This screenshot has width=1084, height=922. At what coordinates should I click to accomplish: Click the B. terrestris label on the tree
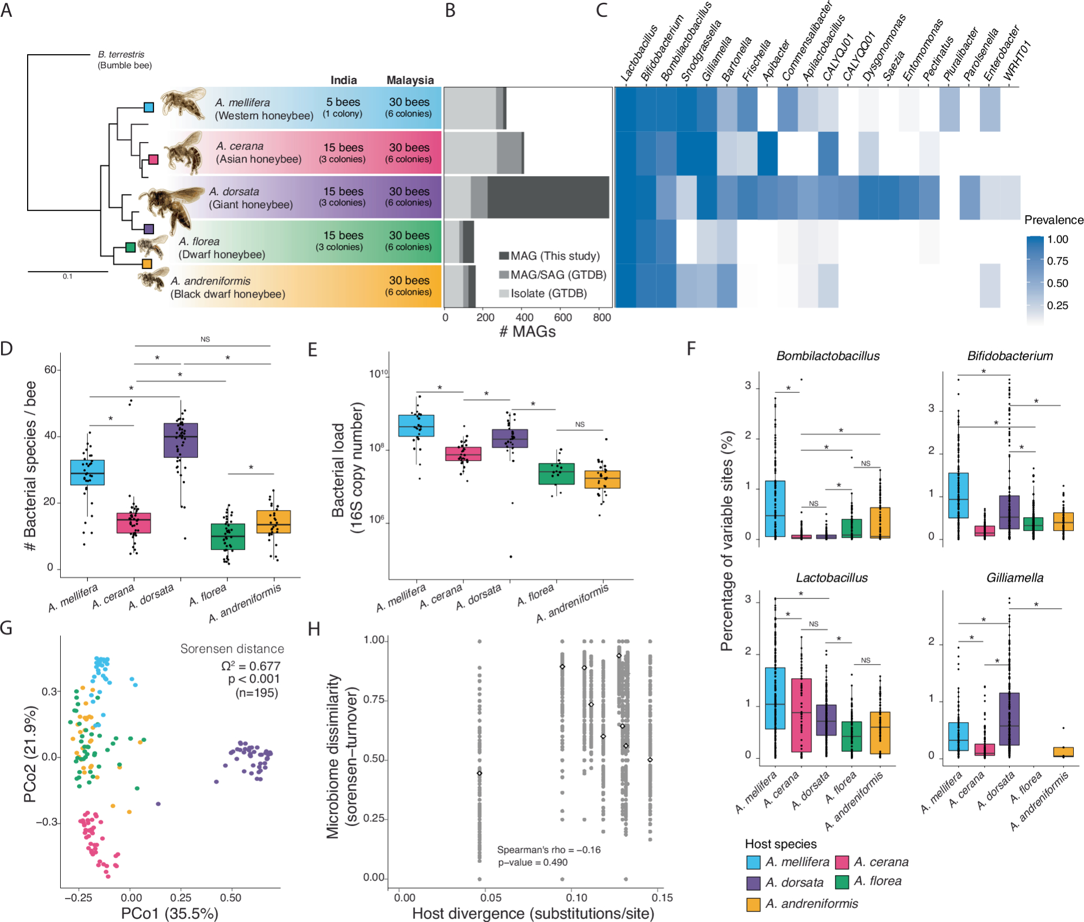121,54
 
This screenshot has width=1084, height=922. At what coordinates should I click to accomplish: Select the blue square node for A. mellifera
149,107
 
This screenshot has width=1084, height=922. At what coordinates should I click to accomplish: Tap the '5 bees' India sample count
343,102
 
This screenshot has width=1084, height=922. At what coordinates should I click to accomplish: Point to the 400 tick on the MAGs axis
524,318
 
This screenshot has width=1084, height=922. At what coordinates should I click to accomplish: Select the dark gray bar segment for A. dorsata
547,197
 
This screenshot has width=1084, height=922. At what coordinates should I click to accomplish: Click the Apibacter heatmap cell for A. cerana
767,153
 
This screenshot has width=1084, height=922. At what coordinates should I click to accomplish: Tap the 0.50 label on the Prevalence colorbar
1057,283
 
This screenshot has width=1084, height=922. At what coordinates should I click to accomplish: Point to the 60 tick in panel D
50,370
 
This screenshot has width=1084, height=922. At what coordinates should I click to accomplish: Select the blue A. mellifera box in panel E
416,425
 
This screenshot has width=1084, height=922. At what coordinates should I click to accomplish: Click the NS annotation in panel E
580,424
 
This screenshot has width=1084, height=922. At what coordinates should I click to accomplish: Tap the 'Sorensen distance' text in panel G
232,649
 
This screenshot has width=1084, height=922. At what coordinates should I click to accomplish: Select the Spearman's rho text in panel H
549,850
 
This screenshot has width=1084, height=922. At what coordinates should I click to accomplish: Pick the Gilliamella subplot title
1015,578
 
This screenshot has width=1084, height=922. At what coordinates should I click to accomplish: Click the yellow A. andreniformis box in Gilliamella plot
1063,752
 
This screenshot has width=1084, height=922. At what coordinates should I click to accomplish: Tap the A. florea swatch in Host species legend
842,882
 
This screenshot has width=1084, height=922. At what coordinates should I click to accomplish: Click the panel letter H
314,629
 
